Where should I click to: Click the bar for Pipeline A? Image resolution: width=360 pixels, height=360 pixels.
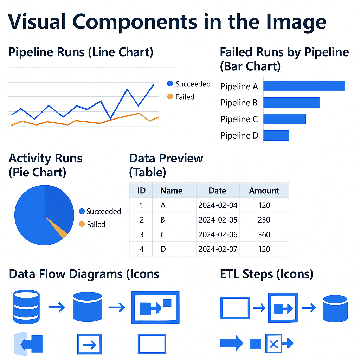point(304,86)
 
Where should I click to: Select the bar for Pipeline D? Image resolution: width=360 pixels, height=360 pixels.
point(276,135)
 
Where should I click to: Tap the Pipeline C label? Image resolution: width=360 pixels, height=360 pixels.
point(239,119)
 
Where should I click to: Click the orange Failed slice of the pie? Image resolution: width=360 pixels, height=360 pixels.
point(62,231)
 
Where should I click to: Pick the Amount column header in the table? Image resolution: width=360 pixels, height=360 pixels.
point(264,191)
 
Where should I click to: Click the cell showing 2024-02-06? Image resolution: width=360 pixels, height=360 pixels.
point(218,234)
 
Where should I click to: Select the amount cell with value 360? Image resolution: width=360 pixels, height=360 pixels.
point(264,234)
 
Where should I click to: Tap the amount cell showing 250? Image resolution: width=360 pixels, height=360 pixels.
point(264,220)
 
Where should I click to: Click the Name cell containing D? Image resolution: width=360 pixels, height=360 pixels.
point(163,249)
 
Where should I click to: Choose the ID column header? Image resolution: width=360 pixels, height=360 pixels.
point(141,191)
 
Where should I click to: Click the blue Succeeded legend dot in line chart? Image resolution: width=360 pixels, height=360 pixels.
point(171,84)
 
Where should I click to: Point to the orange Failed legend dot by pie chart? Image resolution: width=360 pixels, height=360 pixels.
point(82,224)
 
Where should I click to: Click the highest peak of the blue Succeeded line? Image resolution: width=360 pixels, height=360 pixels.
point(154,84)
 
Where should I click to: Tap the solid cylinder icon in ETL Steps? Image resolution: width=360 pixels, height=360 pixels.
point(335,309)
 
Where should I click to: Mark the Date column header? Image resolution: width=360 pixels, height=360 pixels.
point(217,191)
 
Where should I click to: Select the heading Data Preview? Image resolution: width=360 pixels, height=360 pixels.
point(166,158)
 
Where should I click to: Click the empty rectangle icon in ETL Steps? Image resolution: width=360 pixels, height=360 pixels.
point(235,308)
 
